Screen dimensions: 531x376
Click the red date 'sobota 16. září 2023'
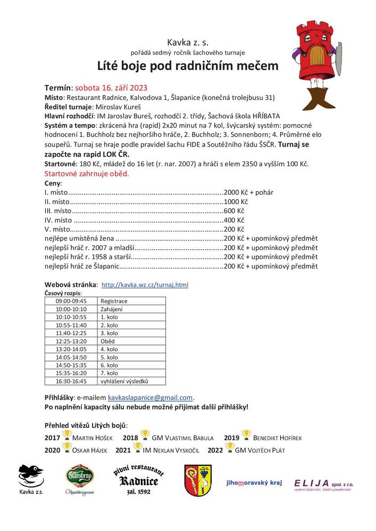[111, 88]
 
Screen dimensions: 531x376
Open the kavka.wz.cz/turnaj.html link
[145, 285]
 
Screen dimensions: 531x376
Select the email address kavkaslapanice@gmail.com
[150, 397]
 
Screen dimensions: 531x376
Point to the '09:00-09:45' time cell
[71, 301]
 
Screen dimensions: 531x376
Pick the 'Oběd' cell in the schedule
[107, 341]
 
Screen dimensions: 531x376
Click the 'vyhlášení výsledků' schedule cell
[124, 381]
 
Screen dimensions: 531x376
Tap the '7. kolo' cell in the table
[109, 373]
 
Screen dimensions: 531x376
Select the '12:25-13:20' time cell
[71, 341]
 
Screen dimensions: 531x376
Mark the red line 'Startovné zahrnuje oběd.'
[86, 174]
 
